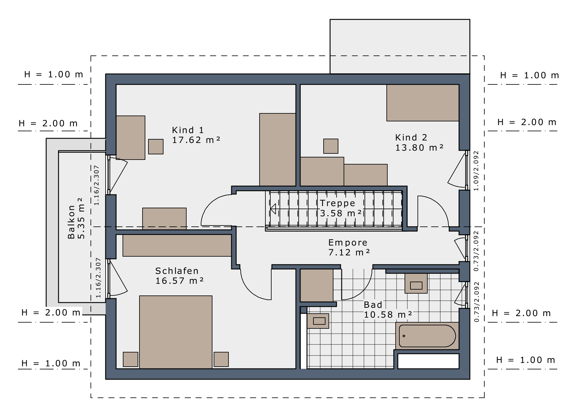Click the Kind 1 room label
196,135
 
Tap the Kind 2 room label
419,143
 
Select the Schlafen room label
180,276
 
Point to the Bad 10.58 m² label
388,310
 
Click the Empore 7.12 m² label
349,247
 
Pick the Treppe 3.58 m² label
341,208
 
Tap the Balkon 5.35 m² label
76,218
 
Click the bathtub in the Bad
427,336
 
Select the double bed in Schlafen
176,332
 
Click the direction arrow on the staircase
273,209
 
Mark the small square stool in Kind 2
331,146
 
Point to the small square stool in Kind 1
156,147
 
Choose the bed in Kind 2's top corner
423,103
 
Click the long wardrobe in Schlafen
177,246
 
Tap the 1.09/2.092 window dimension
476,171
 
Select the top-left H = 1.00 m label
54,74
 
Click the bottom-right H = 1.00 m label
526,360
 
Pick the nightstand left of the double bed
131,359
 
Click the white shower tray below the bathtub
428,361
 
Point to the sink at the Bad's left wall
318,321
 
